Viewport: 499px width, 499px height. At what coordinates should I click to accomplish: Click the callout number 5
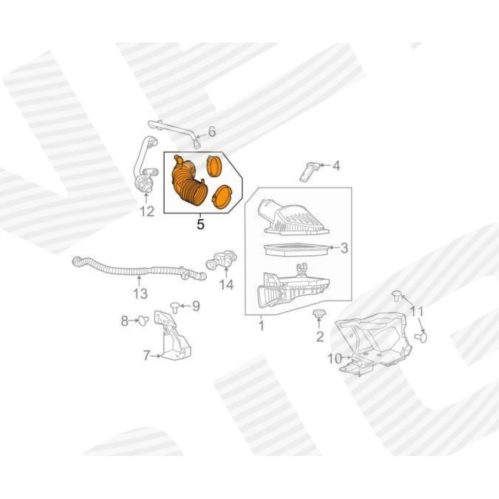200,224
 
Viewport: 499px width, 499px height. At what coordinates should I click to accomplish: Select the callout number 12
147,211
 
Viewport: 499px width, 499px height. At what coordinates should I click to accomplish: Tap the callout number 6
212,132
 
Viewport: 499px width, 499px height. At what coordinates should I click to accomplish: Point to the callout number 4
336,166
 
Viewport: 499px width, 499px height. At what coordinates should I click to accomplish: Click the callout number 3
344,248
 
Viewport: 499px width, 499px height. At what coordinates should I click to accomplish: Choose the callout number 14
226,285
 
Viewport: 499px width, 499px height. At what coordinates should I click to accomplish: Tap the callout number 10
334,359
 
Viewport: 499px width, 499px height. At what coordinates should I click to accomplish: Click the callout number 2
320,336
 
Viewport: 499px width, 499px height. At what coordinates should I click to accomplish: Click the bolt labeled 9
174,307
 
